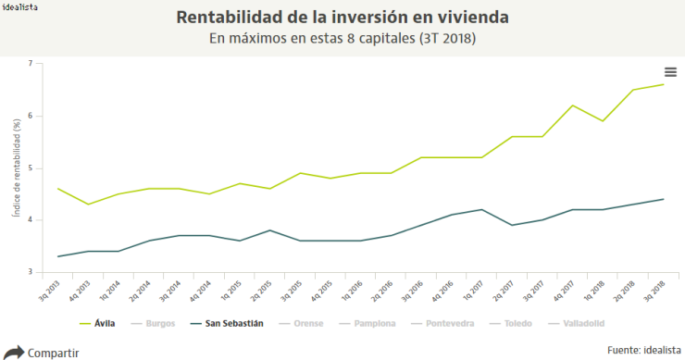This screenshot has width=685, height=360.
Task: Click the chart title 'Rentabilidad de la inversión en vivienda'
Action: coord(342,19)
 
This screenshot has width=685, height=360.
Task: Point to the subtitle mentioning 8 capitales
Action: coord(342,39)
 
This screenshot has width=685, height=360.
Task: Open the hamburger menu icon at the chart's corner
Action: coord(670,72)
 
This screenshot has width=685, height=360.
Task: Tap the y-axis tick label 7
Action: coord(30,64)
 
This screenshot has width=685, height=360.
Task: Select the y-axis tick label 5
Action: coord(30,168)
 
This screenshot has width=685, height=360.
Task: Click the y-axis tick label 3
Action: coord(30,272)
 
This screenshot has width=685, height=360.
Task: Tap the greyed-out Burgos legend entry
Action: coord(152,324)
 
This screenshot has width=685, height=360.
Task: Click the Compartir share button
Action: coord(42,352)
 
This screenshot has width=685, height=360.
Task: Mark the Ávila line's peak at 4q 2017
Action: coord(573,106)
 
